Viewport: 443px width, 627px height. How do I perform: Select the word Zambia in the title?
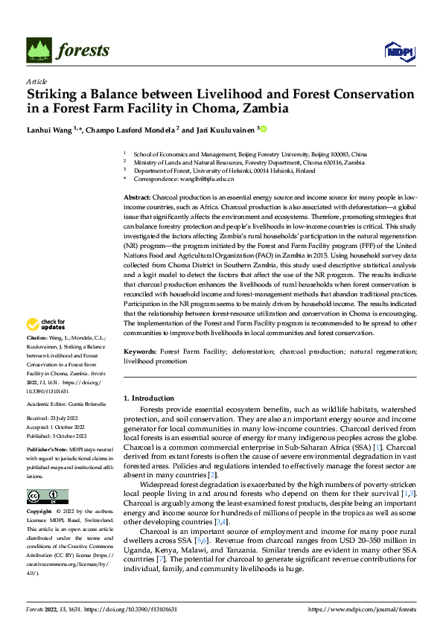[x=267, y=109]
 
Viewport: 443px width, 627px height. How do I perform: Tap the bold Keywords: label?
[x=140, y=351]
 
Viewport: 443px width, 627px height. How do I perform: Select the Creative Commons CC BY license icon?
[x=47, y=497]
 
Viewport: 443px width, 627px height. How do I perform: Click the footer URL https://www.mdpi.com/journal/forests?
[x=362, y=608]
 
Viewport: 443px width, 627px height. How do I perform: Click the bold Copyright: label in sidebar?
[x=40, y=512]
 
